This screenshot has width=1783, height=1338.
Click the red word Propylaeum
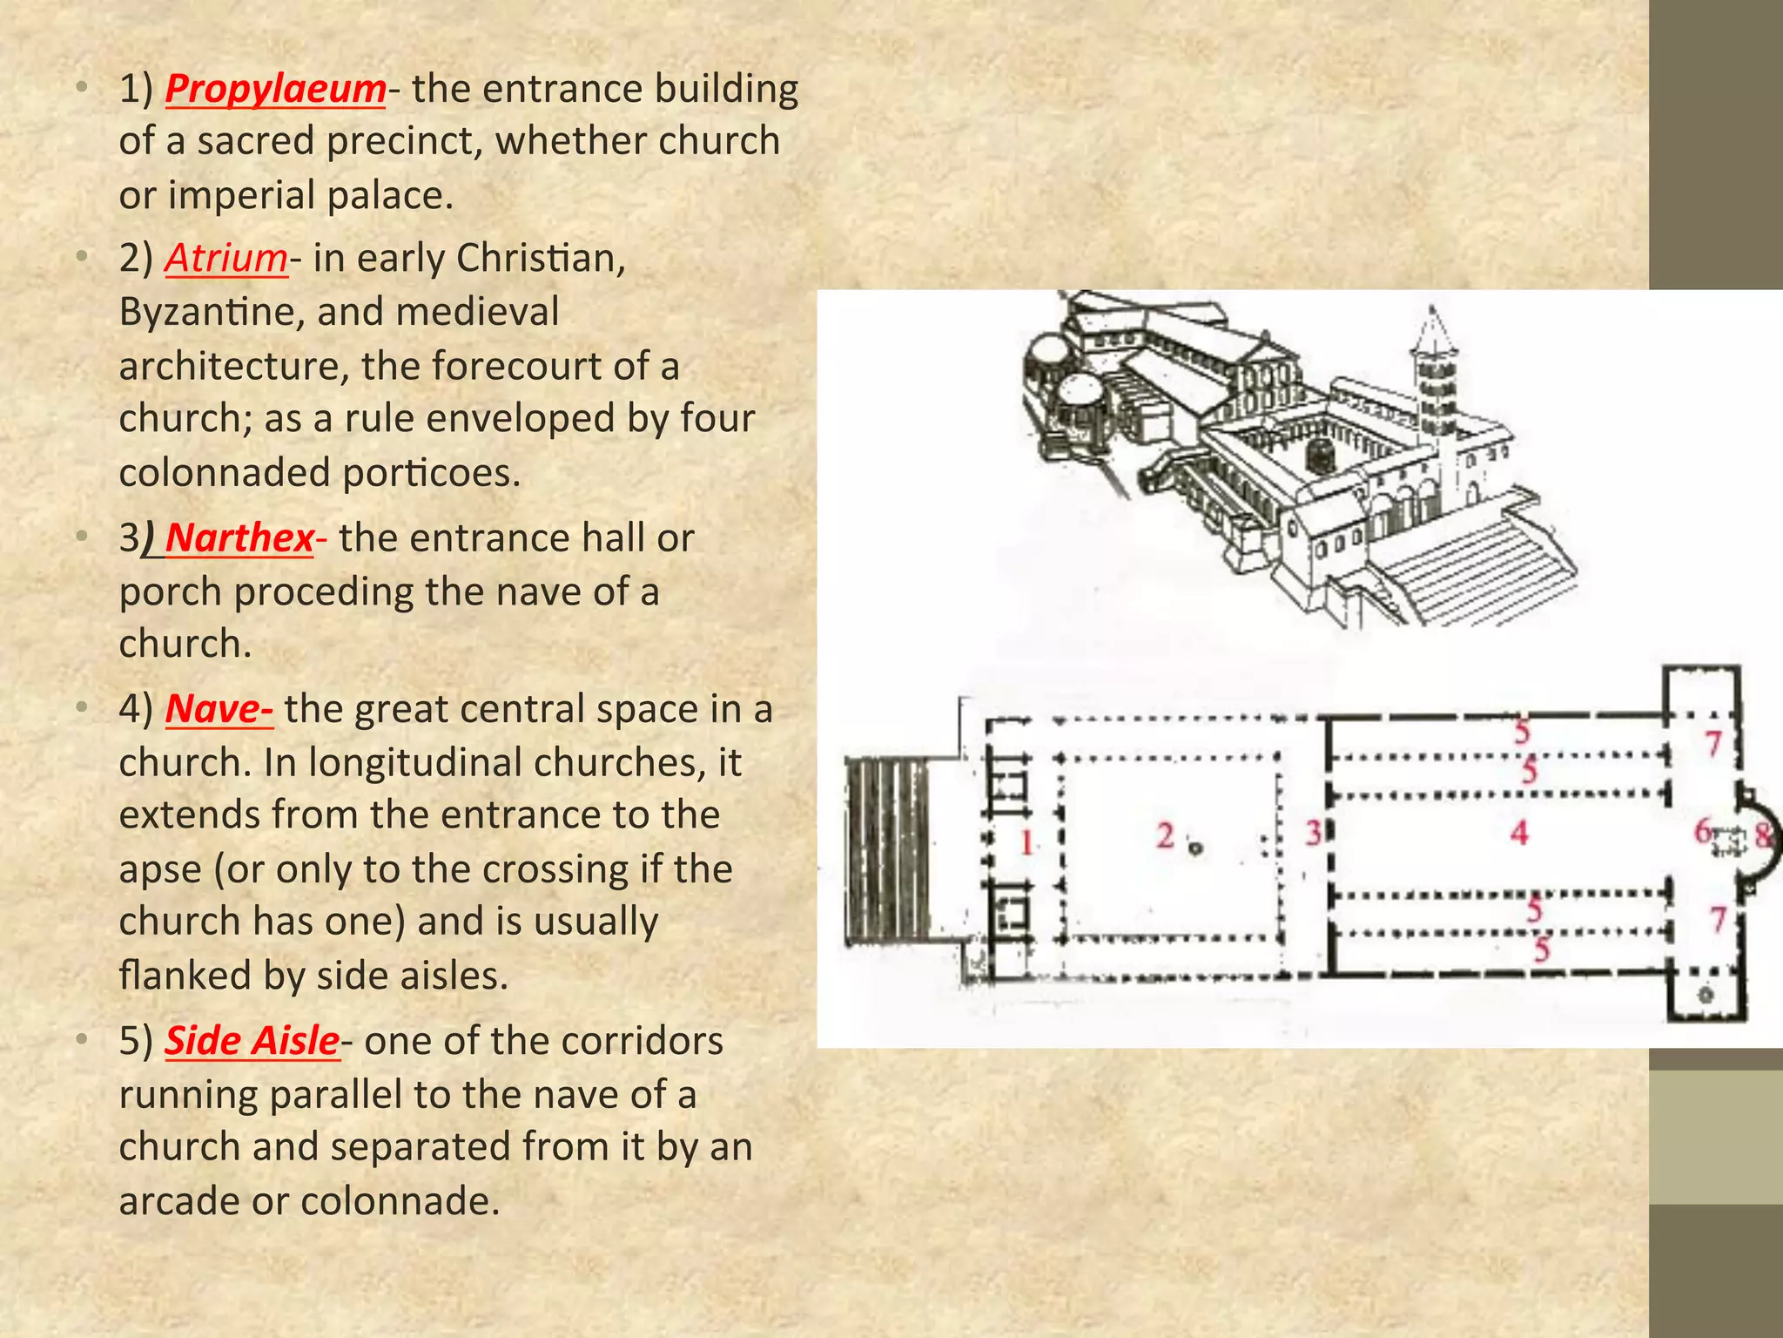point(275,89)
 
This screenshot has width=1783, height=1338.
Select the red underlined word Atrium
point(226,258)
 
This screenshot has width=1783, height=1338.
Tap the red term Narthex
point(239,537)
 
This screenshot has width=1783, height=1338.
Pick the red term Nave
point(218,709)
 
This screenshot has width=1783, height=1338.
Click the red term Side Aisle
point(252,1041)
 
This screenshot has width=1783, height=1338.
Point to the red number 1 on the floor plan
point(1027,842)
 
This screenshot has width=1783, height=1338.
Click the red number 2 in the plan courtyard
point(1166,836)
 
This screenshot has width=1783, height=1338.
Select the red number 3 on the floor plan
point(1313,833)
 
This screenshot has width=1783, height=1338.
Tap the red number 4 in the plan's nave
point(1519,833)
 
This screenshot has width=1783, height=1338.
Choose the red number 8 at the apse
point(1763,836)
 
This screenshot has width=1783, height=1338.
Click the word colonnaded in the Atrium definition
point(223,473)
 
